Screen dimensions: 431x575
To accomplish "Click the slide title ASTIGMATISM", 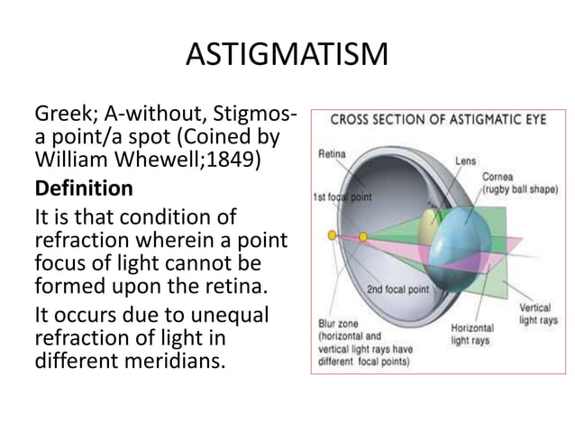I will pyautogui.click(x=287, y=56).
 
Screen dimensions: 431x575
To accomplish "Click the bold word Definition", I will pyautogui.click(x=83, y=189).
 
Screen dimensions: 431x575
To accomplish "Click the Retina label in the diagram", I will pyautogui.click(x=332, y=154).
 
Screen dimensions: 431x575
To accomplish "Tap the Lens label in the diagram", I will pyautogui.click(x=465, y=160).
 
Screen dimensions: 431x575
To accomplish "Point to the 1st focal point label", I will pyautogui.click(x=342, y=196).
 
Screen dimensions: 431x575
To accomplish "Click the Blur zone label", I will pyautogui.click(x=338, y=322).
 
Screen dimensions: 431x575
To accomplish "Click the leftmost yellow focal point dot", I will pyautogui.click(x=332, y=236).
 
